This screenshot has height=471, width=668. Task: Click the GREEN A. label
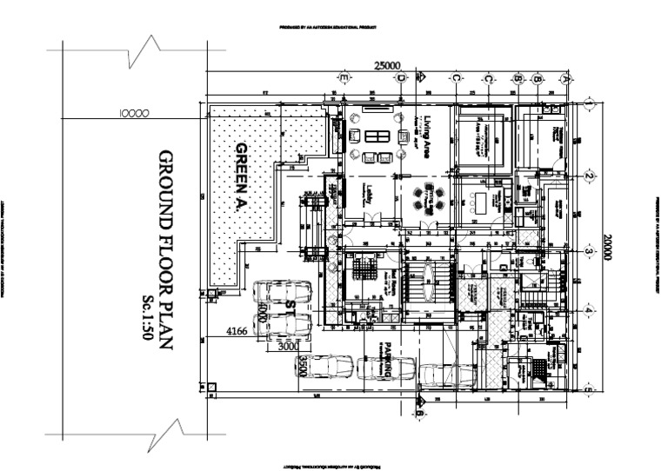243,177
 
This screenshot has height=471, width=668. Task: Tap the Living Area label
427,134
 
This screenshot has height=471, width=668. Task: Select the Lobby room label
369,195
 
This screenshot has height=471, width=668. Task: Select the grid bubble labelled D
401,78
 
